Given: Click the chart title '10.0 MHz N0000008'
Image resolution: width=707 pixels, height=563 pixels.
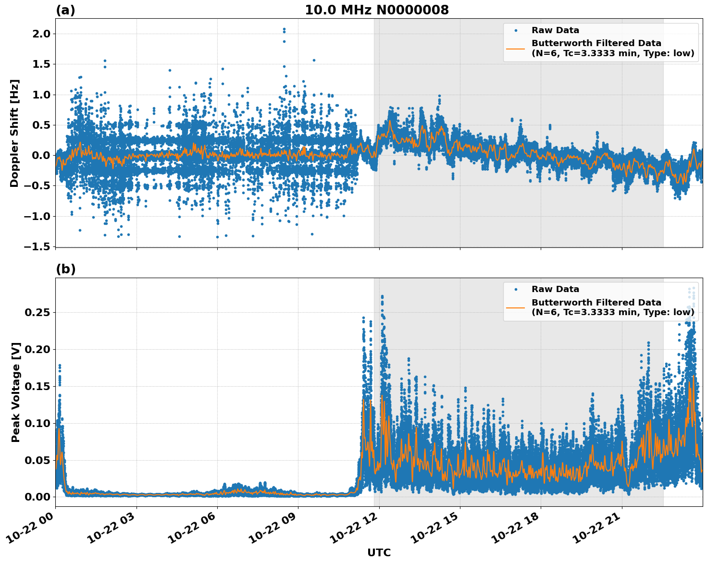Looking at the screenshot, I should pos(376,10).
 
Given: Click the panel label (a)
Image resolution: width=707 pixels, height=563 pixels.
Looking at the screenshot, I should pos(65,10).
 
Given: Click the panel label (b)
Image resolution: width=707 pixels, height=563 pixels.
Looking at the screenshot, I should pos(65,269).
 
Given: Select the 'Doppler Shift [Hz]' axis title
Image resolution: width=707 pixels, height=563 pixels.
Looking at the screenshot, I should pos(14,133).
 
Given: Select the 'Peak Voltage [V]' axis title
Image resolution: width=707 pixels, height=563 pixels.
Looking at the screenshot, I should pos(16,392).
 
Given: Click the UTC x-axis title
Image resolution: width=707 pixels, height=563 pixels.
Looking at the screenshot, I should pos(379,552).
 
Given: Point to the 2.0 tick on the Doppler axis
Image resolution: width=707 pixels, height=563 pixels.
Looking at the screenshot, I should pos(41,34).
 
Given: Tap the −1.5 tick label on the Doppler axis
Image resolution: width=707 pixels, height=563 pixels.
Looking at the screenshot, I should pos(38,246).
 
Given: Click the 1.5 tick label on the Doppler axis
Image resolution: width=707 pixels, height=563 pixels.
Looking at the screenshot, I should pos(41,64).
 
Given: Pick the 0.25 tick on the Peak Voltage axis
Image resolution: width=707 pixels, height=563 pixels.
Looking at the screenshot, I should pos(37,313).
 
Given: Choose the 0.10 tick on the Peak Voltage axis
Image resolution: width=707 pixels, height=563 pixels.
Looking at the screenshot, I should pos(37,423).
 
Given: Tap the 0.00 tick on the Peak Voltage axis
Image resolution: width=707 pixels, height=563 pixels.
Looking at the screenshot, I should pos(37,497).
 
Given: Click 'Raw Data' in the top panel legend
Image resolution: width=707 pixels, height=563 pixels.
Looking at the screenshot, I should pos(555,30).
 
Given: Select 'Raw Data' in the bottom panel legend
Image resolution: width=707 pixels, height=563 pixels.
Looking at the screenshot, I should pos(555,289).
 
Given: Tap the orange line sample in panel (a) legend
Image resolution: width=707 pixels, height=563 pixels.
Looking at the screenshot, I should pos(516,48).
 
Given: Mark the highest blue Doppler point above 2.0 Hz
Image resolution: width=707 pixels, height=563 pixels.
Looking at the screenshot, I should pos(284,29).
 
